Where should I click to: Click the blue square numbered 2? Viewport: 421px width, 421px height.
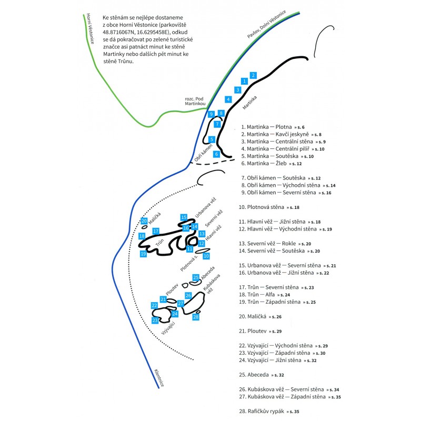click(253, 75)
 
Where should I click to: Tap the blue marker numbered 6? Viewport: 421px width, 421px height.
click(216, 154)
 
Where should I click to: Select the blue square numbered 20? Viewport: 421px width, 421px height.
click(144, 221)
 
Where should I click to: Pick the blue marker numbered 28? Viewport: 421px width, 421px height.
click(196, 317)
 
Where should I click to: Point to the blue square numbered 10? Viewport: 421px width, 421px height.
click(206, 256)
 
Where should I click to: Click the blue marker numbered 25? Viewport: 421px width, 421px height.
click(196, 277)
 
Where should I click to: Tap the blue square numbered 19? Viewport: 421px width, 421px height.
click(143, 254)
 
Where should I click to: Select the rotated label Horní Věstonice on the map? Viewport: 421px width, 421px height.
click(89, 36)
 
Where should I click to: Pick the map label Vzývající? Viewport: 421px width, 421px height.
click(168, 331)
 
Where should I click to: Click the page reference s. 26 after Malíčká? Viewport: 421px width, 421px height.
click(276, 317)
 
